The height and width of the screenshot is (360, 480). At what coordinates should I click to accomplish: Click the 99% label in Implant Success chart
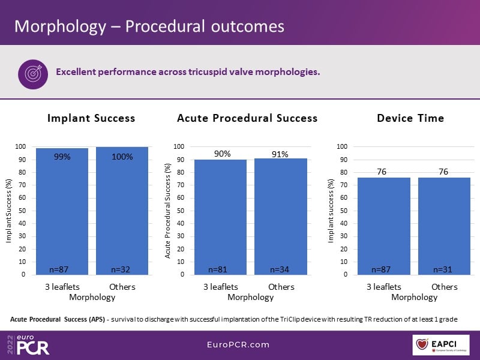(62, 157)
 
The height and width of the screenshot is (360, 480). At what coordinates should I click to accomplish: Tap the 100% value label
(122, 157)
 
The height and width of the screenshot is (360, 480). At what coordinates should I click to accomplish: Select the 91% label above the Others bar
(280, 154)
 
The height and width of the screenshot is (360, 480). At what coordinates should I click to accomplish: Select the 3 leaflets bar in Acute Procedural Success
(220, 217)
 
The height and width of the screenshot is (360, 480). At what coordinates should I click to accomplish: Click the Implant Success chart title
(91, 118)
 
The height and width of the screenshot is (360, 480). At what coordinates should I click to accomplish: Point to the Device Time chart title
(410, 118)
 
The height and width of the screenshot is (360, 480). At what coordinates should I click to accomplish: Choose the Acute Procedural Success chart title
(247, 118)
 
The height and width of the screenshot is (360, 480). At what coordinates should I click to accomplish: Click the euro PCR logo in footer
(29, 344)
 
